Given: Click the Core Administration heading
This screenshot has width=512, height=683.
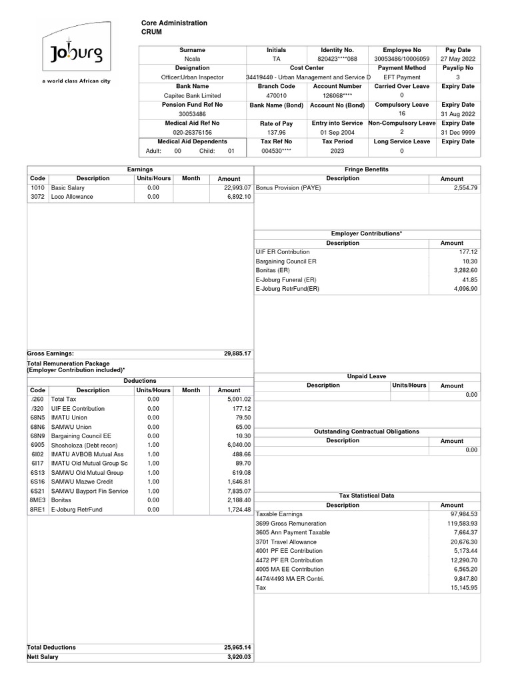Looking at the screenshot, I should (174, 23).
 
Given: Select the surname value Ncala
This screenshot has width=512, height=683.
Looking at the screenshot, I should (192, 59).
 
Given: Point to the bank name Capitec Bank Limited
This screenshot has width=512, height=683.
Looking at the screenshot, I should (192, 95).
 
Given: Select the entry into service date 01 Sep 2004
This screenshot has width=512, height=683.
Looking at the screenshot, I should (337, 132).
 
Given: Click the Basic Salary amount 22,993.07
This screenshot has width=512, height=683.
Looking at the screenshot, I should (233, 188).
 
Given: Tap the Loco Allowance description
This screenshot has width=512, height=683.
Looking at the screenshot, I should (72, 197).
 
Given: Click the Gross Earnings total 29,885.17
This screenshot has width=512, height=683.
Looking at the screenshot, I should (237, 354).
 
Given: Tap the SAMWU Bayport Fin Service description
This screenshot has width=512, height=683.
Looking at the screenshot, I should (89, 491).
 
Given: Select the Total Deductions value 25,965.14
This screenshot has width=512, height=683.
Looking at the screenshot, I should (237, 647).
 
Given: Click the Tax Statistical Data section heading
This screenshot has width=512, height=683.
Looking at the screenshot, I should (367, 496).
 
